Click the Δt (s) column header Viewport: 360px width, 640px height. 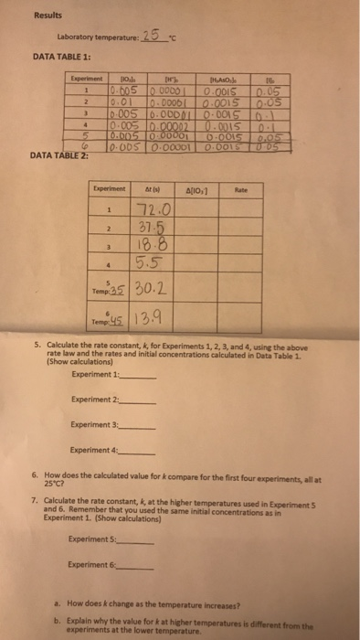point(152,192)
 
